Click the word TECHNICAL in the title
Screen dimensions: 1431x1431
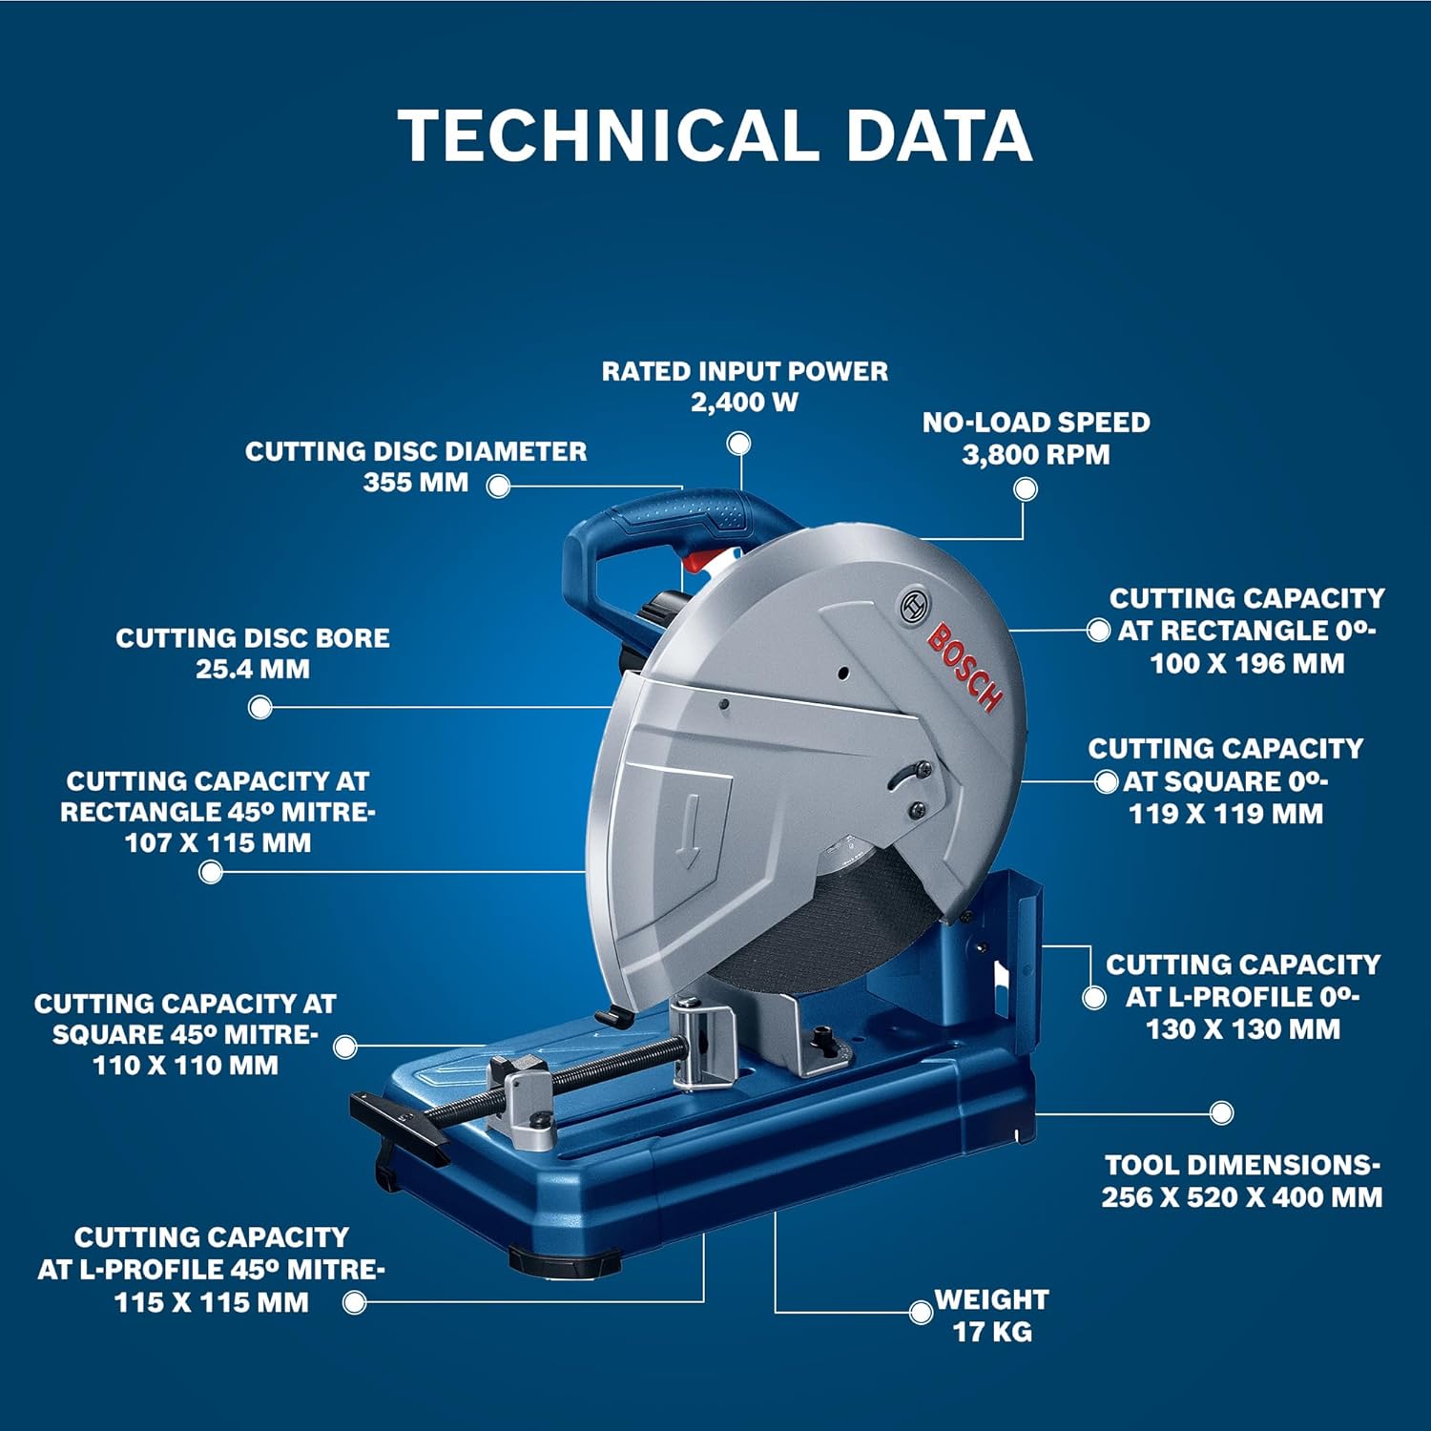click(609, 135)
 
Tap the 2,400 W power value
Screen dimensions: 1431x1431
click(744, 402)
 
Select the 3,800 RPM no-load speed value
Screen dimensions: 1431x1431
click(1036, 454)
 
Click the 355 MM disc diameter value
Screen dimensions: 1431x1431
click(416, 482)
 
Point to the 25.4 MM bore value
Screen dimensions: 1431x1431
click(253, 669)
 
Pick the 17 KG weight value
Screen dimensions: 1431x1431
click(992, 1332)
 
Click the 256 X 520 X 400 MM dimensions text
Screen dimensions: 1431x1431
click(1242, 1197)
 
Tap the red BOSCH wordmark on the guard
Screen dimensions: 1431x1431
click(965, 668)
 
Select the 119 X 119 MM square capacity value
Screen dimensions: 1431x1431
click(1226, 814)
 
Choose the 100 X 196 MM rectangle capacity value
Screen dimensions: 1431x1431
click(1247, 664)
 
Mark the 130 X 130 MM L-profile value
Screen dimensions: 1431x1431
click(1243, 1029)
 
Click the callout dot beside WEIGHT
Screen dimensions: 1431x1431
click(921, 1313)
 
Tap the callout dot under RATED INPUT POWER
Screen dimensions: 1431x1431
click(738, 444)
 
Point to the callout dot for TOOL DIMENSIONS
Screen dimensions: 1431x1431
click(1221, 1112)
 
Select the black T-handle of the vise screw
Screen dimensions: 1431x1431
click(399, 1127)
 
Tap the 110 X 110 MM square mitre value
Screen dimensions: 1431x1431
click(185, 1066)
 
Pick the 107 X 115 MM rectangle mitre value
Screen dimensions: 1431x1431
click(218, 843)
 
